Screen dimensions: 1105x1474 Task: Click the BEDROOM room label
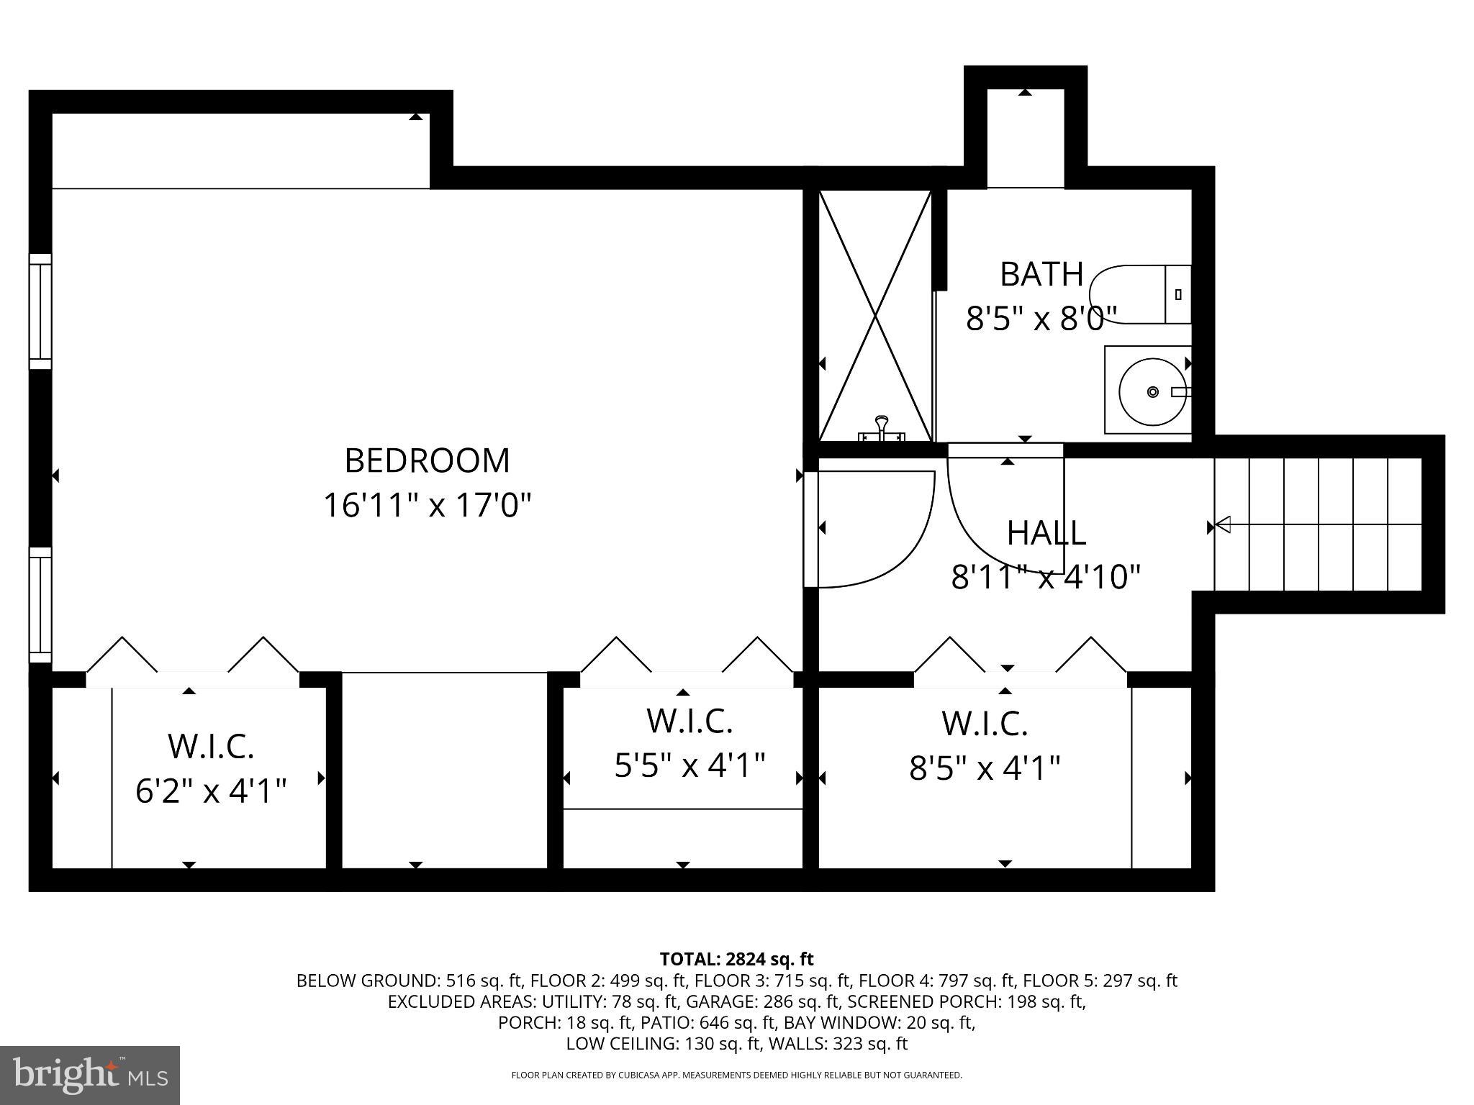pos(427,461)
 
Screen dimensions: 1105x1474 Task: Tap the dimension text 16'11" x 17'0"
pos(427,505)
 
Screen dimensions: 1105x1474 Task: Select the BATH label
pos(1041,274)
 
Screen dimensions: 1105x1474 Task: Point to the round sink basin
pos(1152,392)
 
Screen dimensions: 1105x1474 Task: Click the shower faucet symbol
pos(882,429)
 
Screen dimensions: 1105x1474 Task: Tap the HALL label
pos(1046,533)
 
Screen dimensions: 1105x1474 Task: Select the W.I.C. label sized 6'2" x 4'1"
pos(211,746)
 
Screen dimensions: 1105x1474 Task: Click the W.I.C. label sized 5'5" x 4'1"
pos(689,721)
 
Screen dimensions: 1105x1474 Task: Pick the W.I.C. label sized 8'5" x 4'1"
pos(985,724)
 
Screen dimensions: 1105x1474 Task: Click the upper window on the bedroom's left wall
pos(40,312)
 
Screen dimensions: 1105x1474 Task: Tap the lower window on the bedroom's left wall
pos(40,604)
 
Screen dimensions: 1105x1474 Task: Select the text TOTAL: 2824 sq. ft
pos(736,959)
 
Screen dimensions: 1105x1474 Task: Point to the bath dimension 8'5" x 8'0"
pos(1041,318)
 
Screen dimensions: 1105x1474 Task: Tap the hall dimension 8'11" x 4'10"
pos(1046,577)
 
